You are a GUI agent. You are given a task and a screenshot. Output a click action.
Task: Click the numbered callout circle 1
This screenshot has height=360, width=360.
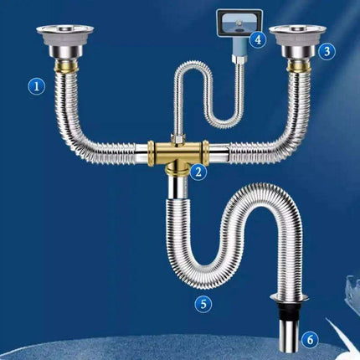coord(34,85)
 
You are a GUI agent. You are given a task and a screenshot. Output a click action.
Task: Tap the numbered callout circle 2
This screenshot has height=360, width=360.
coord(198,172)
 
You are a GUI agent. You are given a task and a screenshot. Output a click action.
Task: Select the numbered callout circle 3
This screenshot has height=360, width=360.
coord(327,50)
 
